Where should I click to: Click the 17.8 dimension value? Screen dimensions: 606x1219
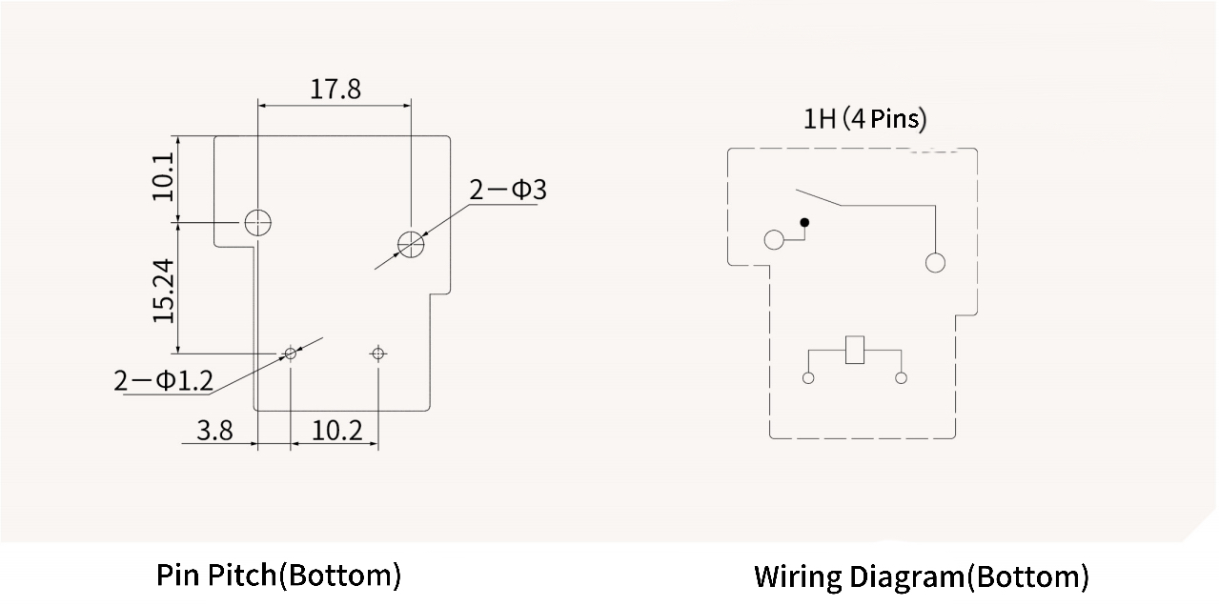pos(335,90)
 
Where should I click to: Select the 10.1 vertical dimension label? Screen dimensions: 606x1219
pos(164,176)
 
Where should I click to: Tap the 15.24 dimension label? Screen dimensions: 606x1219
pos(164,290)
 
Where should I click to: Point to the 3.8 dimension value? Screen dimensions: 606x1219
pos(214,431)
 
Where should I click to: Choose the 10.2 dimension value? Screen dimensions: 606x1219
pos(337,431)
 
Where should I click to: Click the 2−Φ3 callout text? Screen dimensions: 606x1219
pos(508,190)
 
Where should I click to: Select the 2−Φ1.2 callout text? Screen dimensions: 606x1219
pos(163,381)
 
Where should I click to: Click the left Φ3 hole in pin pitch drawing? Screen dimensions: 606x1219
pos(257,223)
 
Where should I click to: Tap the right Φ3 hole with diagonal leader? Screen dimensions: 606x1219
pos(411,244)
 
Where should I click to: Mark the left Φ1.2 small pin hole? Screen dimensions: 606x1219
pos(291,353)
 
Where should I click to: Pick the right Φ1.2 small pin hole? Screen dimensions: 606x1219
pos(378,353)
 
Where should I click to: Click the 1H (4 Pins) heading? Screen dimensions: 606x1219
pos(864,119)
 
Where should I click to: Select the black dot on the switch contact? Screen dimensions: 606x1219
pos(804,223)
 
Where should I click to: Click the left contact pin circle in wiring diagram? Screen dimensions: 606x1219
pos(774,239)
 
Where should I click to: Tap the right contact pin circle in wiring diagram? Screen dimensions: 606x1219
pos(935,263)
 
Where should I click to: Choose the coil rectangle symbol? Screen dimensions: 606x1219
pos(855,350)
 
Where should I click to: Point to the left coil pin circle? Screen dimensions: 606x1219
pos(809,378)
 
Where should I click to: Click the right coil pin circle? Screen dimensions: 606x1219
pos(901,378)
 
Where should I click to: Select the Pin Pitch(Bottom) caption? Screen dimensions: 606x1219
pos(278,576)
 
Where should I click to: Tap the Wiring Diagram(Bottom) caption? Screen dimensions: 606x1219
pos(921,576)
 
